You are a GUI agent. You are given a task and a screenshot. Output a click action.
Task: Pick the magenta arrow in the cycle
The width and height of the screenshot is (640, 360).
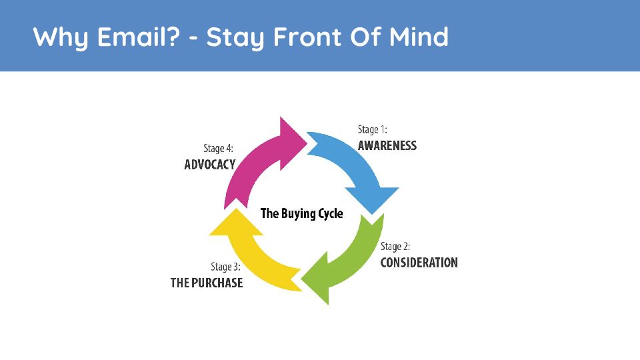pos(254,163)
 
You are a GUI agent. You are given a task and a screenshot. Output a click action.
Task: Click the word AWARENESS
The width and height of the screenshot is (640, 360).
pos(387,146)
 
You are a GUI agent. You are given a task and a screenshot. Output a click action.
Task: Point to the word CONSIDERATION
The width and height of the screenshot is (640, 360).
pos(419,263)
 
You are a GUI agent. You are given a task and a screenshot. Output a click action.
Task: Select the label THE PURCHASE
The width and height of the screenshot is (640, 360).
pos(207,283)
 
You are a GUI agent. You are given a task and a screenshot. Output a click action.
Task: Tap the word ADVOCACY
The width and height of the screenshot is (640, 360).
pos(210,165)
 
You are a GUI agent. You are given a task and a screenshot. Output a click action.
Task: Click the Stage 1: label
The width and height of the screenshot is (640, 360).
pos(372,130)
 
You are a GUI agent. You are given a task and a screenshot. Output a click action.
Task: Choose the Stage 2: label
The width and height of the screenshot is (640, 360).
pos(395,247)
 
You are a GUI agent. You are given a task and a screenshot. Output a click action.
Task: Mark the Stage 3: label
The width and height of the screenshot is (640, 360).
pos(225,267)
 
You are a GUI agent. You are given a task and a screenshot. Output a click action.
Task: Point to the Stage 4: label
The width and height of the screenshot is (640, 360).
pos(219,149)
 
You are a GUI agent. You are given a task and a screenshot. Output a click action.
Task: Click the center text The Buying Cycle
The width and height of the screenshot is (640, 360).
pos(301,213)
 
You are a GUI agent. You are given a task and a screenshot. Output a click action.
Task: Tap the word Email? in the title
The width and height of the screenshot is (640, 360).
pos(139,37)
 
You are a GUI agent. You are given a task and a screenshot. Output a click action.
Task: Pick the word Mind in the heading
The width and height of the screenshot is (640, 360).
pos(419,37)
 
